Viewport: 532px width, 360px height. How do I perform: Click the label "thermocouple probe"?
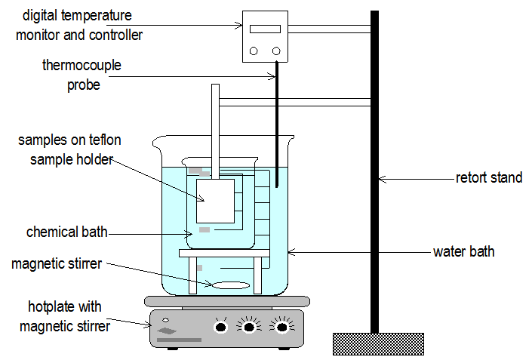click(81, 75)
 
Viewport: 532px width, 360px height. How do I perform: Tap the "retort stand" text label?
click(488, 178)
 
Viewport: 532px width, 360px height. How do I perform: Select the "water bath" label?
click(463, 251)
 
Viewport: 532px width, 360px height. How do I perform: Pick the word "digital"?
click(39, 16)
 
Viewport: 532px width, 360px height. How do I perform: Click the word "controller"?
click(116, 34)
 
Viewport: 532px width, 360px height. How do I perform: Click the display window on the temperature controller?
click(265, 29)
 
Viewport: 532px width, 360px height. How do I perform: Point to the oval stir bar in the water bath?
click(230, 285)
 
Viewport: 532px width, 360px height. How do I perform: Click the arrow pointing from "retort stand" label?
click(415, 179)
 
